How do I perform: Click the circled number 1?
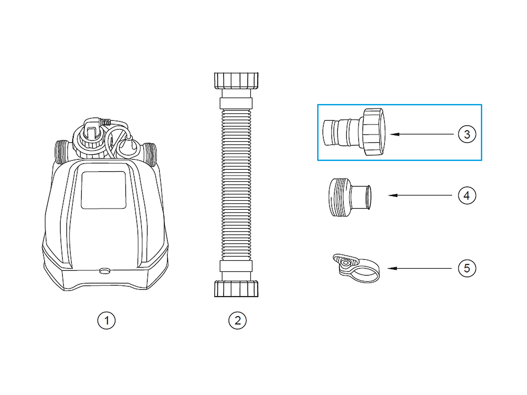106,321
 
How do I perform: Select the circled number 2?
237,321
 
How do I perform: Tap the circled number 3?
467,134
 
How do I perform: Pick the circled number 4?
467,196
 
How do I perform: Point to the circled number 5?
467,268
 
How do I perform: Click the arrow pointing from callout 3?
422,134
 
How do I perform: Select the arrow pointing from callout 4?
420,196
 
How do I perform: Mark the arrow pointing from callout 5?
419,269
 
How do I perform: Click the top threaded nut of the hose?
236,81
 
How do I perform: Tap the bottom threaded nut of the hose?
236,289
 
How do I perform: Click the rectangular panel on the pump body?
104,190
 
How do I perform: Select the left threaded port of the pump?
62,152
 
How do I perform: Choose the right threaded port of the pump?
150,154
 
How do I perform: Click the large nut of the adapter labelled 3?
374,132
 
